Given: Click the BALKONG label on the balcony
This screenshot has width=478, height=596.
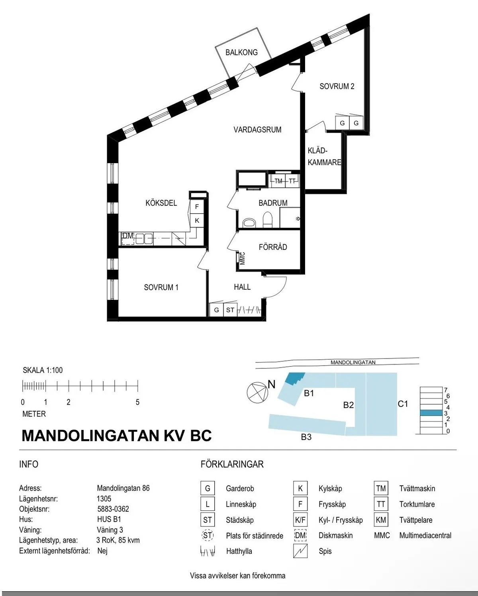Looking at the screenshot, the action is (x=241, y=53).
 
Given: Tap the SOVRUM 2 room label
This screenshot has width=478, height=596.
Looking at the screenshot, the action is (x=337, y=86).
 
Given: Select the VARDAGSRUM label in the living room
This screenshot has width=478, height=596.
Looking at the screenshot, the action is (x=257, y=130).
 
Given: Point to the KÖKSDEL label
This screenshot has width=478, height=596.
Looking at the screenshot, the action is (x=161, y=203).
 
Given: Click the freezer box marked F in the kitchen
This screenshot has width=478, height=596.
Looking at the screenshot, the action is (x=197, y=206).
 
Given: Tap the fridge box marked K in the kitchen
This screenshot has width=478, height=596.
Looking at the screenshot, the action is (x=197, y=220).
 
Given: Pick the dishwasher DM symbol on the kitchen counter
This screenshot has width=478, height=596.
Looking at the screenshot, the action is (x=128, y=238).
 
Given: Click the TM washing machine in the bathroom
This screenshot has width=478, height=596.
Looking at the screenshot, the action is (x=278, y=181).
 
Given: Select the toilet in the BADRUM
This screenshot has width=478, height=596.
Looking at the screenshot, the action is (x=268, y=220).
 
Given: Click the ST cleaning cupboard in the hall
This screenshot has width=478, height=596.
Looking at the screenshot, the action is (x=230, y=310).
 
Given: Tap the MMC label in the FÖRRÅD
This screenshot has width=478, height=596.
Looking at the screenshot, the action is (x=243, y=258).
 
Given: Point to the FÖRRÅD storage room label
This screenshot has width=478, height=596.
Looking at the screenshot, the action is (x=273, y=247).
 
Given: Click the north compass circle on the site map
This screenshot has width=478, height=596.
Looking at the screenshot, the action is (x=257, y=392).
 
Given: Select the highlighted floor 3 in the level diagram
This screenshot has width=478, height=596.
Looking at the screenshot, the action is (x=431, y=413).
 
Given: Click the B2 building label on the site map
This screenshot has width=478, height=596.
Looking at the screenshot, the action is (x=349, y=405).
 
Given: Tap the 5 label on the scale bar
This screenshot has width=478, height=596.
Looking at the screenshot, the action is (x=137, y=402).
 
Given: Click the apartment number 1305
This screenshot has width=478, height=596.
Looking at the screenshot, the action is (x=104, y=499).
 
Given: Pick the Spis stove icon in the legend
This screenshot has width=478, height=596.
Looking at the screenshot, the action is (x=300, y=551).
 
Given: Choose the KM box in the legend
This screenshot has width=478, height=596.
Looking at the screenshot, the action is (x=381, y=520).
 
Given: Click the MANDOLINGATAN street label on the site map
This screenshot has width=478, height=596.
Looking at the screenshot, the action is (x=353, y=362).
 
